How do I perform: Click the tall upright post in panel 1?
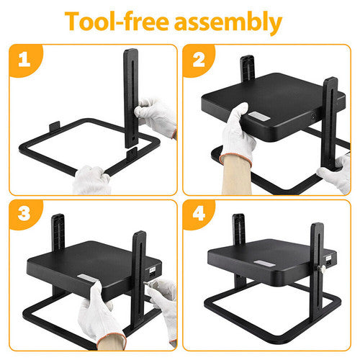tap(132, 94)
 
